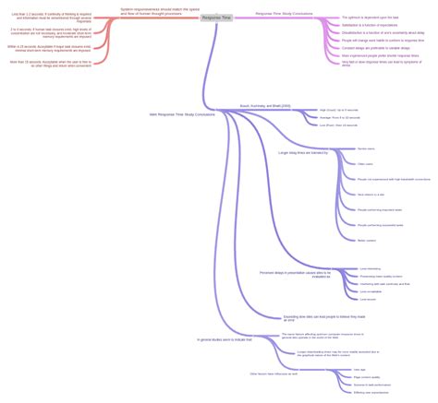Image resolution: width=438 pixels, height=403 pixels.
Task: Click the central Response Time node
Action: pyautogui.click(x=216, y=17)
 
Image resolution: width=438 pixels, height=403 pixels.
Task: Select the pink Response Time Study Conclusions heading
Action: pyautogui.click(x=284, y=14)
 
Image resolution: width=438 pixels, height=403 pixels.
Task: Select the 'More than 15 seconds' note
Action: pyautogui.click(x=51, y=63)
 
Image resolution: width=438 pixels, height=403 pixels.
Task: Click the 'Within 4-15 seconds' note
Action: pyautogui.click(x=51, y=47)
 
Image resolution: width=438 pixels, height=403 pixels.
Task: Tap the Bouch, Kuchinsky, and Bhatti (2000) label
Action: pyautogui.click(x=265, y=106)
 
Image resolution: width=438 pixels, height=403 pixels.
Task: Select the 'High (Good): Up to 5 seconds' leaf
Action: pyautogui.click(x=339, y=110)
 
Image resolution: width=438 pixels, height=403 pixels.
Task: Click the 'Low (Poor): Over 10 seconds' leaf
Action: pyautogui.click(x=338, y=124)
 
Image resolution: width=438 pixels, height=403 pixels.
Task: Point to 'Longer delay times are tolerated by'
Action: pyautogui.click(x=303, y=152)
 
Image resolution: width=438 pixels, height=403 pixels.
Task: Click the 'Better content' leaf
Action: pyautogui.click(x=366, y=240)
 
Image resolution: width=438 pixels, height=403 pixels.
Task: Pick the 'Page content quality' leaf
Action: pyautogui.click(x=367, y=376)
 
